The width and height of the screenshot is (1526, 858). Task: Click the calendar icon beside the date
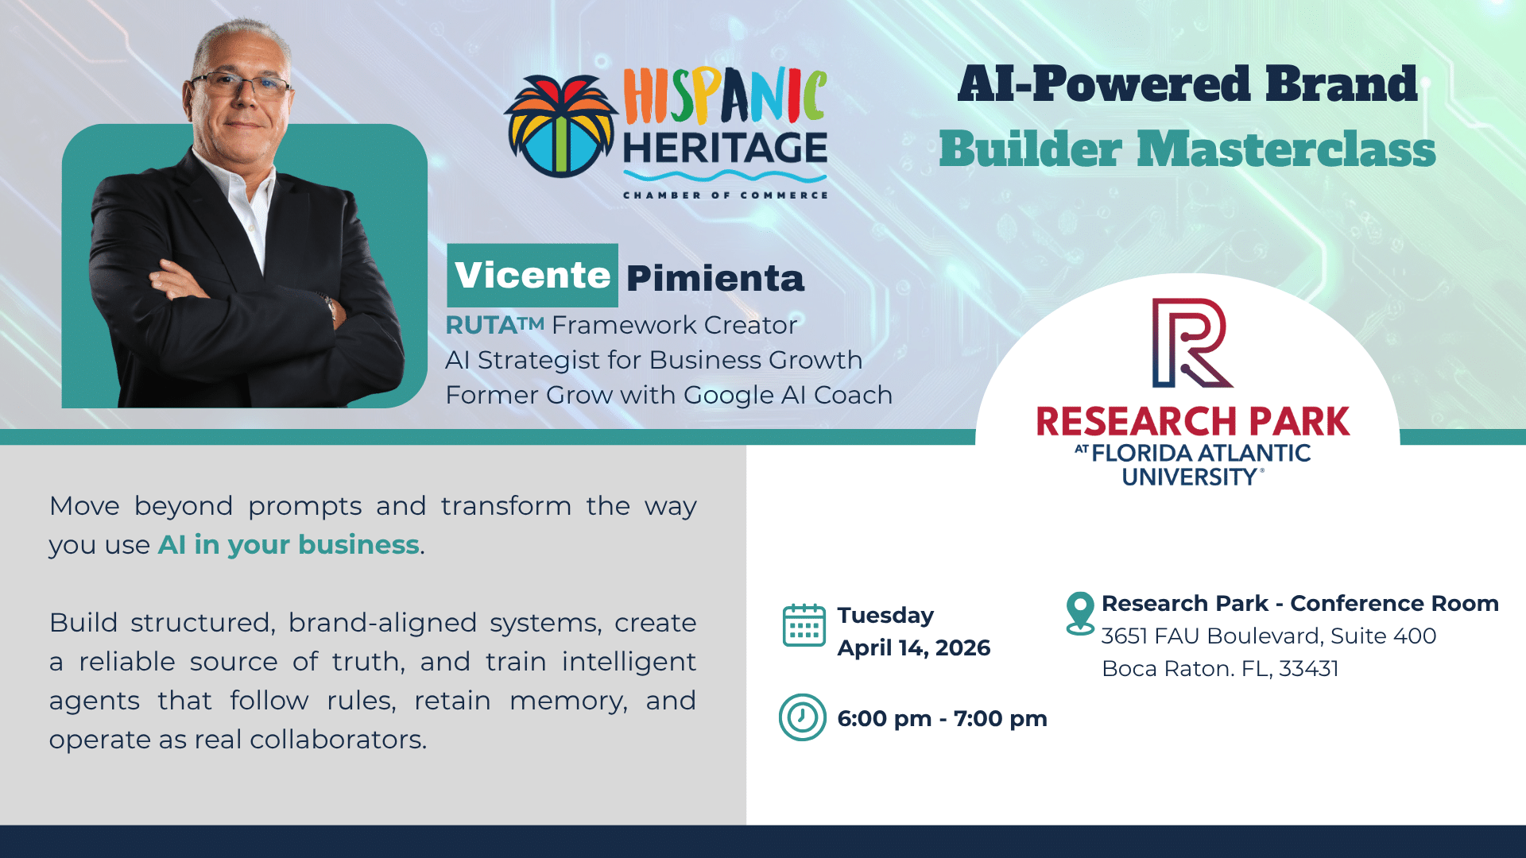point(804,625)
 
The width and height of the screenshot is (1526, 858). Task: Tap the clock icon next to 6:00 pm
point(802,717)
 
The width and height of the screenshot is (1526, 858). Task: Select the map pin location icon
point(1080,613)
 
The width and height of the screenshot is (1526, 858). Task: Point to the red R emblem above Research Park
point(1191,343)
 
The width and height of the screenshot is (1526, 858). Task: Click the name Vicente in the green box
point(533,276)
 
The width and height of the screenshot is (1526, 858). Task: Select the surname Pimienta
point(715,278)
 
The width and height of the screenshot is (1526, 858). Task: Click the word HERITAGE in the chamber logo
point(725,148)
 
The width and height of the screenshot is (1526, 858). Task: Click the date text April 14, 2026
point(914,648)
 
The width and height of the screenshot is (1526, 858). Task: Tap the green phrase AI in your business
point(289,545)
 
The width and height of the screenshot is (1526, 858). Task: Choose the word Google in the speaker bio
point(729,396)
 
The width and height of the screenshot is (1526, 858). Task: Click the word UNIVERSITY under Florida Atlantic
point(1189,477)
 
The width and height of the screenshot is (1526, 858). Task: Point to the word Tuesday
point(885,616)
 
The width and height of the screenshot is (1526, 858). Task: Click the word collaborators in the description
point(338,740)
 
